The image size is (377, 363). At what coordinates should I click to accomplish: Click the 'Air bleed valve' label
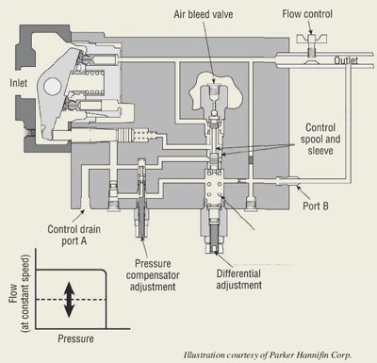(x=204, y=14)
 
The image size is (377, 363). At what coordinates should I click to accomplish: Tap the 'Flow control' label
(x=307, y=14)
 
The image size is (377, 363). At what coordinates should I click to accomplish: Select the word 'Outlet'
(x=346, y=60)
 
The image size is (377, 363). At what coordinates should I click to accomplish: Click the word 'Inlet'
(x=19, y=83)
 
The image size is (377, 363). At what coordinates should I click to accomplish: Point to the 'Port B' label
(x=316, y=206)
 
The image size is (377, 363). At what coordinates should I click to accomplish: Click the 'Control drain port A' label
(x=74, y=235)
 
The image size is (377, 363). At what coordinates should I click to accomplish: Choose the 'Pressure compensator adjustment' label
(x=153, y=275)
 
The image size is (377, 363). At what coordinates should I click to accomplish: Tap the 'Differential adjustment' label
(x=238, y=279)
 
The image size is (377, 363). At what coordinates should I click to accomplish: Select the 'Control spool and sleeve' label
(x=320, y=139)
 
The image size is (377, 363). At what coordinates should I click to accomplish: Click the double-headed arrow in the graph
(x=69, y=300)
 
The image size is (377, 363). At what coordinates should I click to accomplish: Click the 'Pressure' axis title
(x=75, y=338)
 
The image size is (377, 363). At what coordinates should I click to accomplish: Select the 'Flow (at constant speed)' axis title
(x=19, y=293)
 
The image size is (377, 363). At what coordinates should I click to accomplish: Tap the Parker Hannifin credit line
(x=268, y=355)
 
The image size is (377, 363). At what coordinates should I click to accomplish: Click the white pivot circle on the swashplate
(x=52, y=87)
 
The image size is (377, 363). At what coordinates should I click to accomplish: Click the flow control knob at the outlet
(x=312, y=39)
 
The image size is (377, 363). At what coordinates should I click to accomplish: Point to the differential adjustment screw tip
(x=215, y=250)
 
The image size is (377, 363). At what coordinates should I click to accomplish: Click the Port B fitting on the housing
(x=287, y=181)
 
